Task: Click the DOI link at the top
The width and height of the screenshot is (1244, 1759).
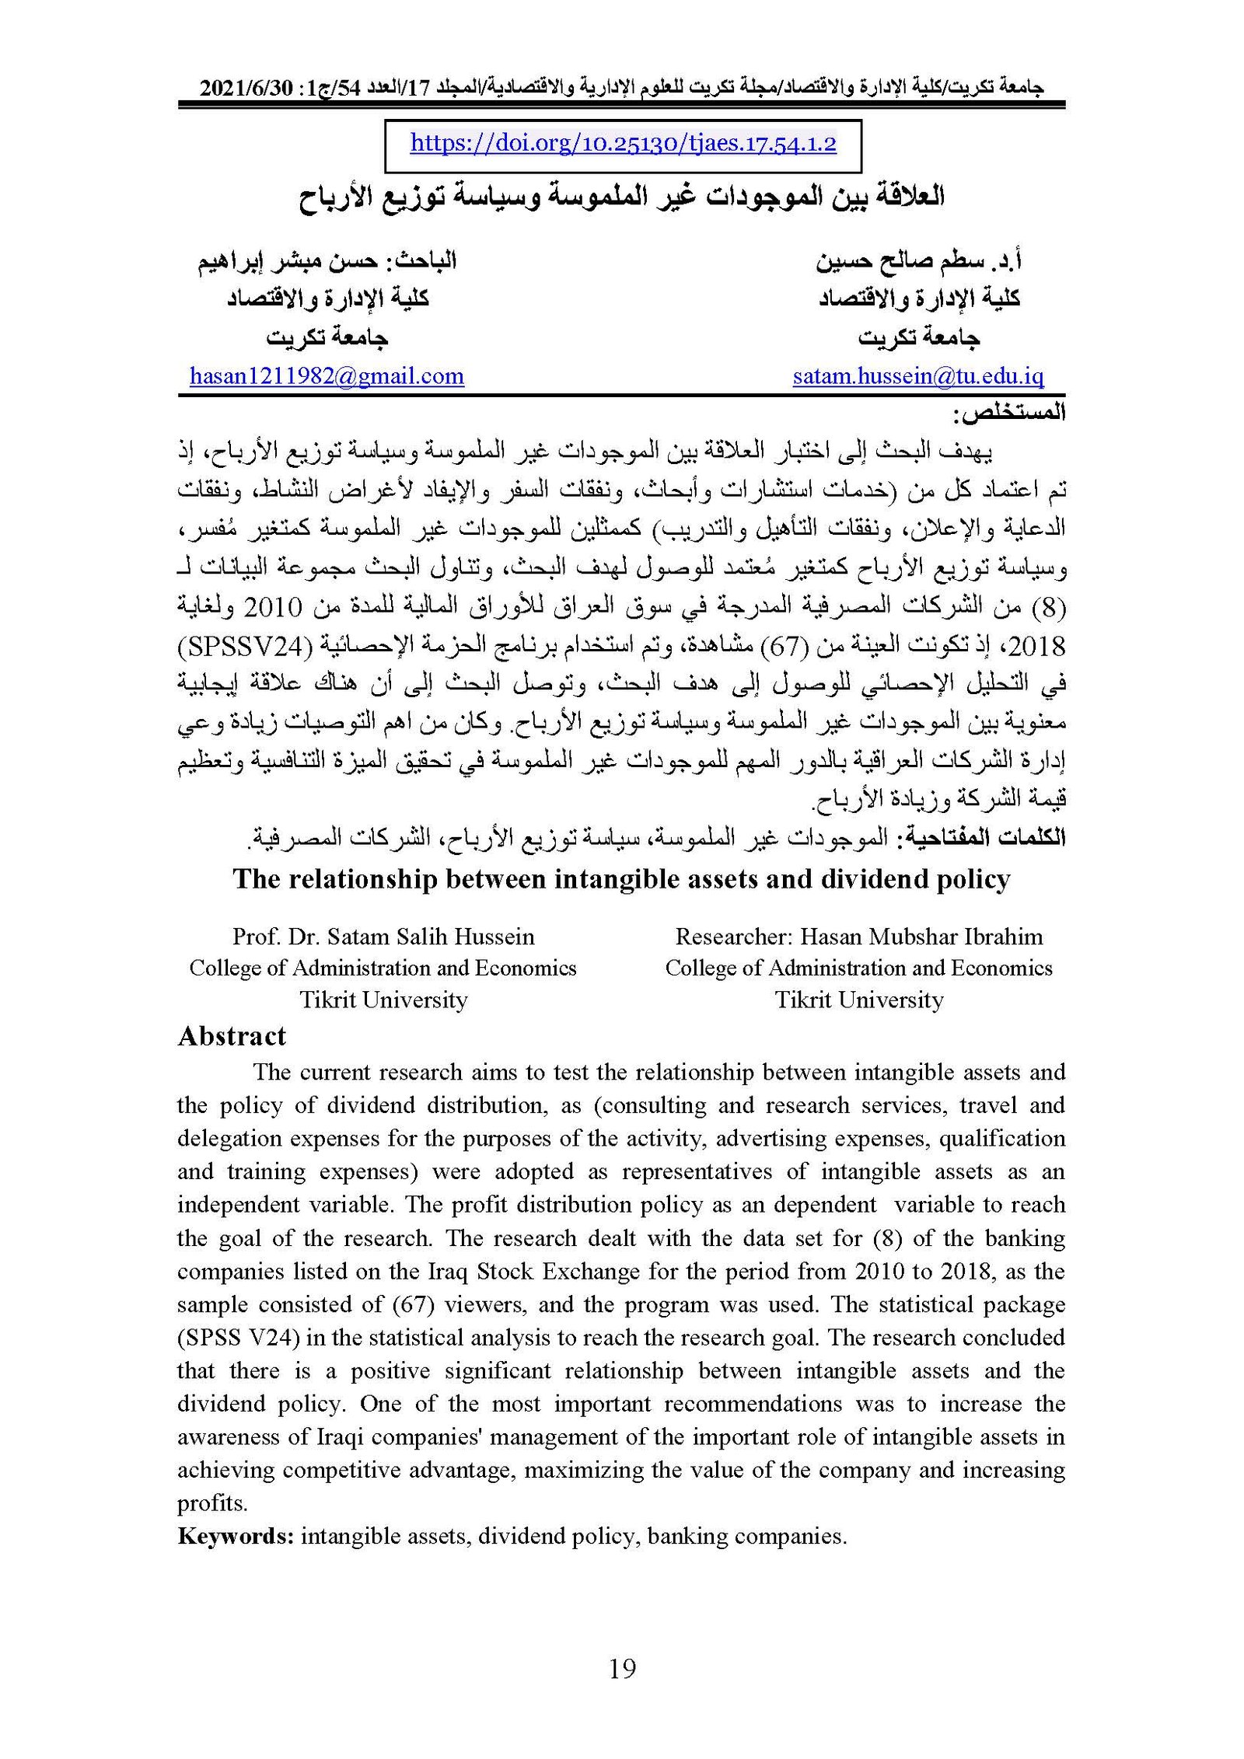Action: click(x=623, y=144)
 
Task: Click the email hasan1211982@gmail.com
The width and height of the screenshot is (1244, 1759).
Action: click(x=327, y=376)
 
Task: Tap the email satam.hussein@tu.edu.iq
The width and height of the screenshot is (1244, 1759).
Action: click(x=918, y=376)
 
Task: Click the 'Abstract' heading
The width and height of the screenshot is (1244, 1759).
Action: click(x=232, y=1036)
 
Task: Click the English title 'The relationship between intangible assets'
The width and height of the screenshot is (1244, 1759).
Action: click(x=621, y=878)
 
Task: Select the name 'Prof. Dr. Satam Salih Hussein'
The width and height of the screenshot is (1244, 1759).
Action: click(x=383, y=936)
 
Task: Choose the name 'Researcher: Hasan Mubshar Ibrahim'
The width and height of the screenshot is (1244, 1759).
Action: click(x=859, y=936)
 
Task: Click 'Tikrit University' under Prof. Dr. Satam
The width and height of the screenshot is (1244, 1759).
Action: click(x=383, y=1000)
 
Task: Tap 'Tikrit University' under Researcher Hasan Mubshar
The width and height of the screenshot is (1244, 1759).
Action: click(x=859, y=1000)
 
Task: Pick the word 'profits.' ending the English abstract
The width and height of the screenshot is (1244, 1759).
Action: click(x=212, y=1502)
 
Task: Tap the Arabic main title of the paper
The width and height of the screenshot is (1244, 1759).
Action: click(x=621, y=196)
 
